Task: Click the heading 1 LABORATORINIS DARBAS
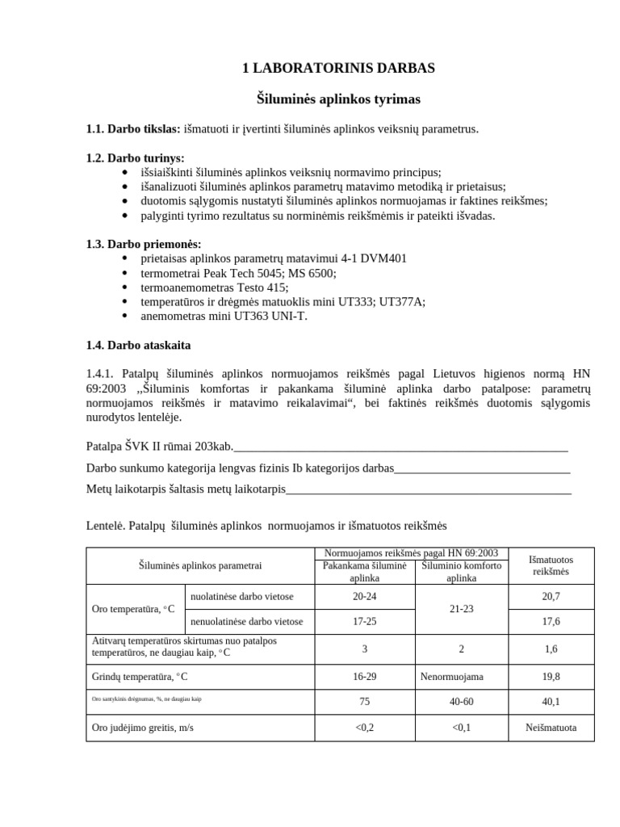(x=338, y=69)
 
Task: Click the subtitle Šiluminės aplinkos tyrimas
(x=338, y=99)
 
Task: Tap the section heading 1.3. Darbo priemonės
(x=144, y=244)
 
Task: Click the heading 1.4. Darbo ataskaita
(x=138, y=345)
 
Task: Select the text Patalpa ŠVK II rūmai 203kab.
(x=160, y=446)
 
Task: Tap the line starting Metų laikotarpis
(x=186, y=489)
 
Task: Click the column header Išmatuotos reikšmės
(x=551, y=565)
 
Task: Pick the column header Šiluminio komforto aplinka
(x=461, y=572)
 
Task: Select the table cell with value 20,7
(x=551, y=597)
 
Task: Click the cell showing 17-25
(x=364, y=621)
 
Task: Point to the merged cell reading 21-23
(x=461, y=609)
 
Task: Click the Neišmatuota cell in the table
(x=551, y=727)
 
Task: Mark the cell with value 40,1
(x=551, y=702)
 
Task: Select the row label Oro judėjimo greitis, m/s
(x=143, y=727)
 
